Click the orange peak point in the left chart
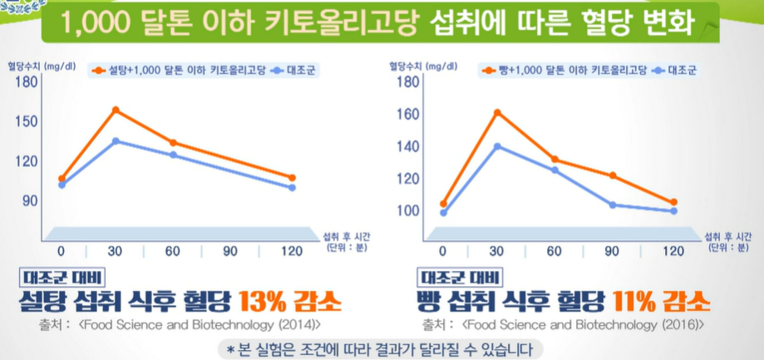click(116, 110)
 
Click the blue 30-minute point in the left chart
click(116, 141)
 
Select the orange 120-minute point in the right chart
click(673, 202)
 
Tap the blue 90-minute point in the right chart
click(613, 205)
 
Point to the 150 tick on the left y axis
click(27, 121)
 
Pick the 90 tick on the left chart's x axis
click(229, 251)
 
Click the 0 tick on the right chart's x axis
click(442, 251)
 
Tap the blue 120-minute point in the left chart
click(292, 187)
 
